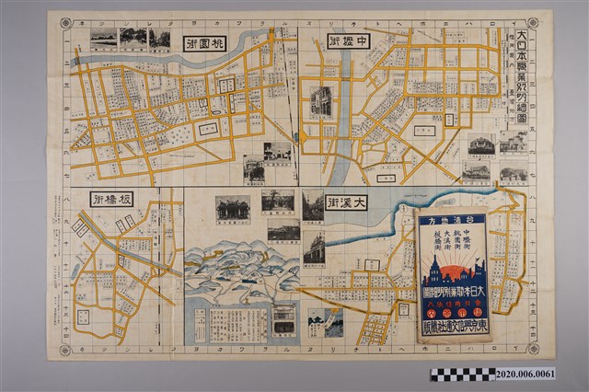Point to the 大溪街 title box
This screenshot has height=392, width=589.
[x=347, y=202]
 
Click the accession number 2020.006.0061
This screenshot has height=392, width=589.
[x=550, y=375]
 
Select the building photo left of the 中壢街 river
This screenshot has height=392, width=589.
[x=320, y=100]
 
